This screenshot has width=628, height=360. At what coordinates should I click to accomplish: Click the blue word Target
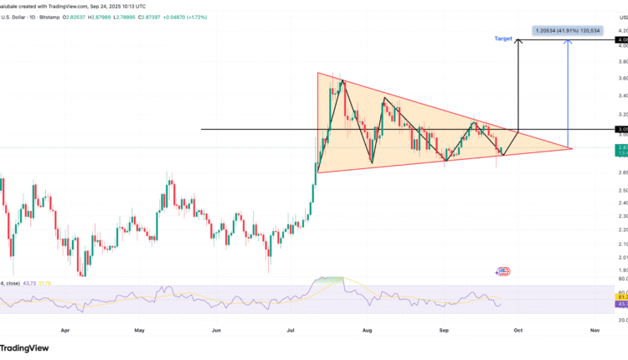click(x=504, y=39)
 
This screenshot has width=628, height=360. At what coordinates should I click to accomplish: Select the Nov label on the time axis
click(x=595, y=331)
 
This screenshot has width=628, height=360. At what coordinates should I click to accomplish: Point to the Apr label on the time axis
click(x=64, y=331)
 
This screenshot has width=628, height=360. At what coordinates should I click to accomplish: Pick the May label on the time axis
click(x=139, y=331)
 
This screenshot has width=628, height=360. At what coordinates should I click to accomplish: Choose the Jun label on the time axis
click(x=216, y=331)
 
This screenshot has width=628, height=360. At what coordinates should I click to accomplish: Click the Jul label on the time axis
click(x=291, y=331)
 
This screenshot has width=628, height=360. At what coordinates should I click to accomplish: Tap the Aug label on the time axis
click(x=368, y=331)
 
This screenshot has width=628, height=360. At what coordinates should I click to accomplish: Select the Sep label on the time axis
click(x=445, y=331)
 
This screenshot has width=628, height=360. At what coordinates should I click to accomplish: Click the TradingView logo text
click(x=23, y=348)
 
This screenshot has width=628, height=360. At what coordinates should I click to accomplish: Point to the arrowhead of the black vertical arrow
click(x=519, y=41)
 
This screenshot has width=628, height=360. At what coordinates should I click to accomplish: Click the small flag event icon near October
click(x=503, y=271)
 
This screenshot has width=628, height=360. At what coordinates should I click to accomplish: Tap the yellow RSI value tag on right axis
click(x=621, y=296)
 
